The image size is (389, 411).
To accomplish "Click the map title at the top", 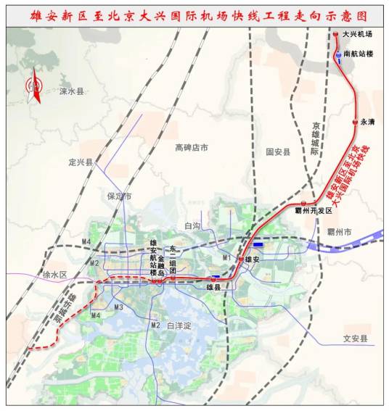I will tap(194, 14).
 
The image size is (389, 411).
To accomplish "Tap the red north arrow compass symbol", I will tap(32, 89).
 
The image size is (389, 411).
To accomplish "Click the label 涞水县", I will tap(72, 92).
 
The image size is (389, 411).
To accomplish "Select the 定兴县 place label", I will tap(81, 162).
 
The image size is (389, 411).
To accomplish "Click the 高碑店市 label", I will tap(192, 147).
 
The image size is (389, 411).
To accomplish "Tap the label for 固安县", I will tap(278, 152).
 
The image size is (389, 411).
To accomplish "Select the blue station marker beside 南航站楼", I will tap(338, 54).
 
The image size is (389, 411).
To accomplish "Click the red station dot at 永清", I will tap(354, 123).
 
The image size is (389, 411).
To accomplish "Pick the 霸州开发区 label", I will tap(317, 210).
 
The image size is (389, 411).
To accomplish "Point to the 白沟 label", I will tap(192, 226).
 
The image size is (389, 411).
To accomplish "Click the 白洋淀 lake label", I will tap(179, 326).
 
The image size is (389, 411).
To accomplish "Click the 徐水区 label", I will tap(54, 275).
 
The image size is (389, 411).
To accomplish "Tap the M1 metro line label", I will tap(226, 258).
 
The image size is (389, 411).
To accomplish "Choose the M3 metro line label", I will tap(119, 307).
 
